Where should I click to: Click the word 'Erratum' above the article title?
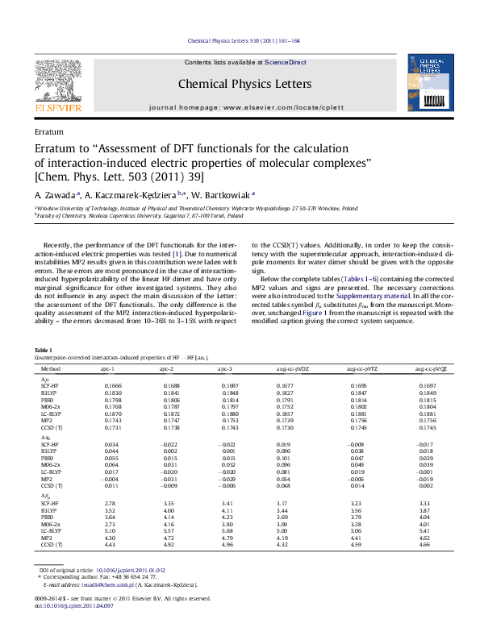point(50,131)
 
